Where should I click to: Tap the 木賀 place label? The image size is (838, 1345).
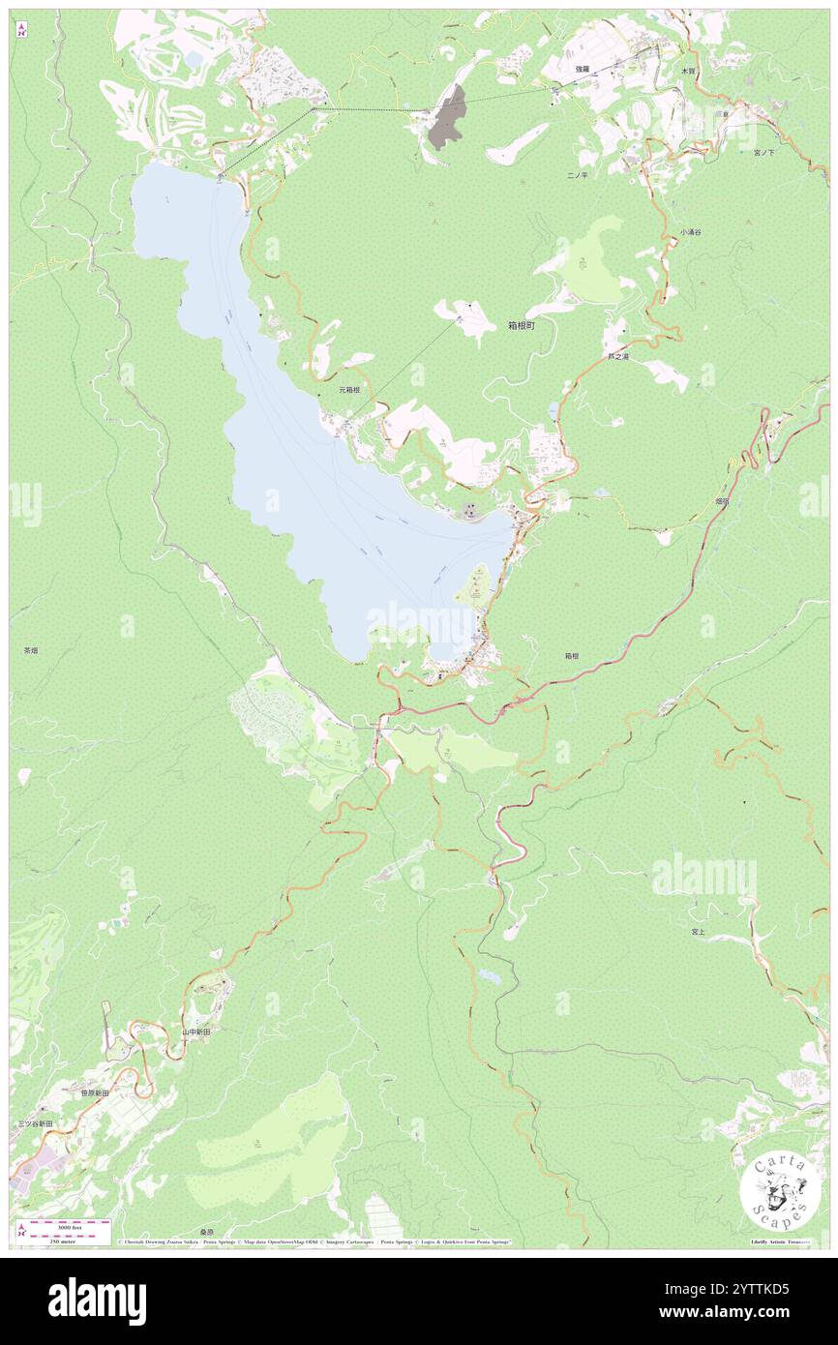click(x=688, y=72)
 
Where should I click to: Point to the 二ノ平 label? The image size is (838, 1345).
click(x=578, y=176)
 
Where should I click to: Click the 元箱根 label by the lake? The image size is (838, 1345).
click(x=349, y=391)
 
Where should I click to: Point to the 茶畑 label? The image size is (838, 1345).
click(x=31, y=651)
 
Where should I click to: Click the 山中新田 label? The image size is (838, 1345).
click(x=196, y=1032)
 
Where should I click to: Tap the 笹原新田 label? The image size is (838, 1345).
click(x=95, y=1091)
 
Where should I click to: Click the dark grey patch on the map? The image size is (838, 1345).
click(x=447, y=117)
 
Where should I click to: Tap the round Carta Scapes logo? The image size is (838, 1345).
click(x=773, y=1191)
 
